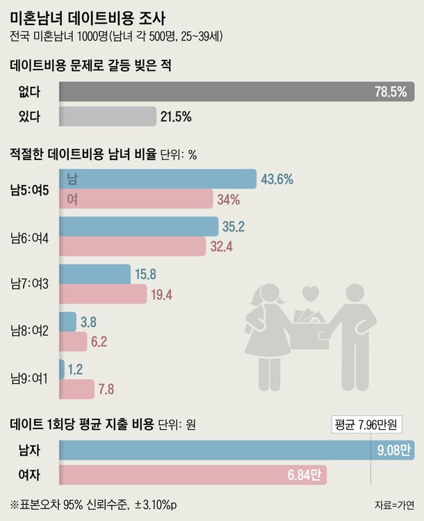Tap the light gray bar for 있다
[108, 116]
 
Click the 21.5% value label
[176, 117]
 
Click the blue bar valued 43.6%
[158, 179]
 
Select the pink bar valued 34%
[136, 200]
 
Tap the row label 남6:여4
[29, 237]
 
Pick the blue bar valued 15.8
[95, 274]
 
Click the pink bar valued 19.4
[104, 295]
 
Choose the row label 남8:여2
[29, 331]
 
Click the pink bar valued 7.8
[77, 388]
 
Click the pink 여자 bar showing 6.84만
[193, 476]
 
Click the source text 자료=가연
[393, 505]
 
